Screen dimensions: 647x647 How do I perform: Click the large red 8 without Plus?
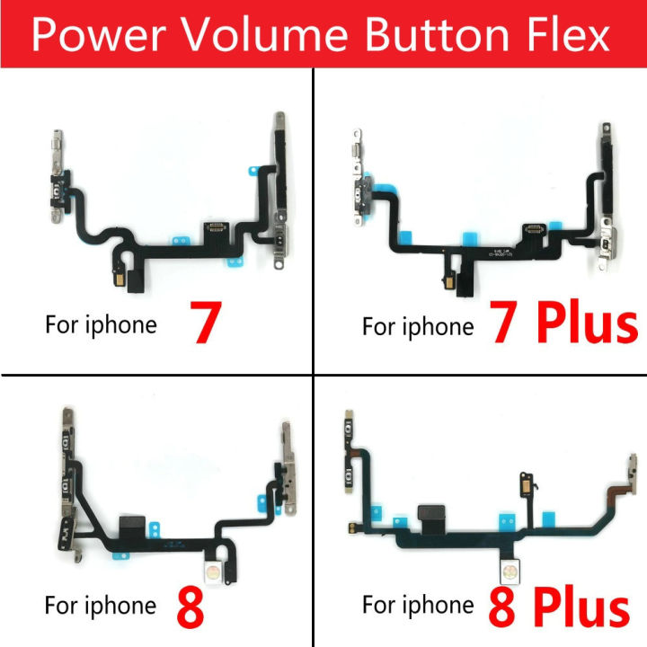tap(192, 602)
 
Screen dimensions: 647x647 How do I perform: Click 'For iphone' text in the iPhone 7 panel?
tap(101, 324)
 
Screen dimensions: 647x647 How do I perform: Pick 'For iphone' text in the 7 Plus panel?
tap(418, 324)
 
